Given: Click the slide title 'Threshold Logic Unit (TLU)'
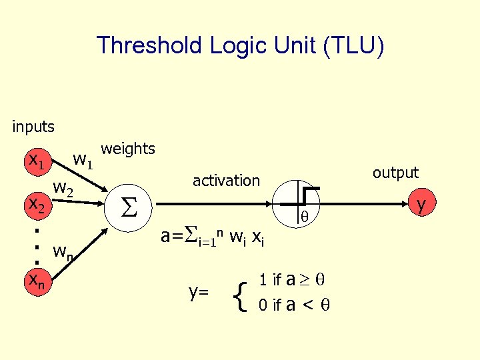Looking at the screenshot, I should coord(240,47).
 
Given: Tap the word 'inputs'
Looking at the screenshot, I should coord(33,125).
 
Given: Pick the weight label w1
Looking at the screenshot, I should coord(83,160).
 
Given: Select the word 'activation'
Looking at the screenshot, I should coord(226,180).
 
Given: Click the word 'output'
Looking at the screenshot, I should coord(395,173).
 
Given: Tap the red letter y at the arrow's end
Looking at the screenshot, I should coord(421,204).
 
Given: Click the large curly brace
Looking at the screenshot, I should coord(241,293).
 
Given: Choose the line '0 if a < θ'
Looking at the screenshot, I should coord(294,305).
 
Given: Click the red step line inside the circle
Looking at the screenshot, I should coord(307,194).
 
